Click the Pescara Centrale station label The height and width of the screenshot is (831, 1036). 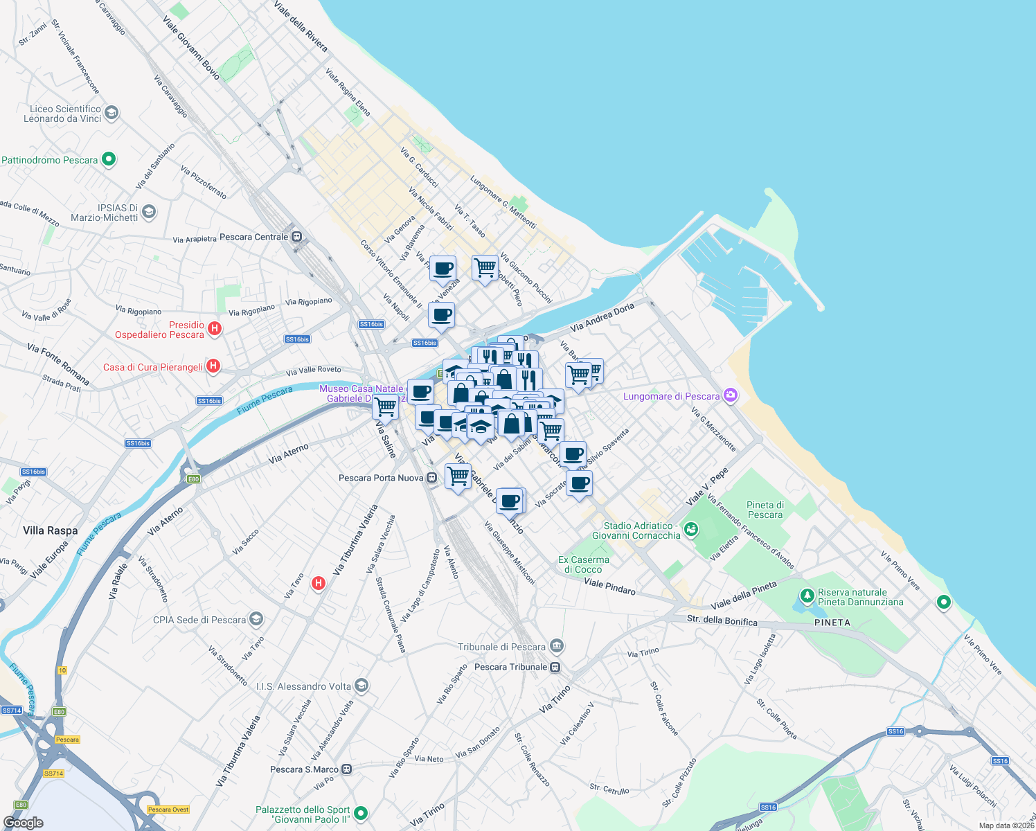click(x=253, y=237)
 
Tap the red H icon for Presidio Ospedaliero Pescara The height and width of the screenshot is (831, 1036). click(x=215, y=329)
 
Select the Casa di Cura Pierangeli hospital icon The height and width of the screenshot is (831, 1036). click(x=213, y=366)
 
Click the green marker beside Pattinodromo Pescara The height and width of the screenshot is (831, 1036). click(x=109, y=159)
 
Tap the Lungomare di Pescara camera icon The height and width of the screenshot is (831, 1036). click(x=730, y=395)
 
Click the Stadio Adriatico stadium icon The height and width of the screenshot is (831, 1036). click(x=690, y=530)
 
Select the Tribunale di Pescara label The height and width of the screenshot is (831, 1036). click(x=502, y=647)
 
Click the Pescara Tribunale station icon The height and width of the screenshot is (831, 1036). click(x=555, y=667)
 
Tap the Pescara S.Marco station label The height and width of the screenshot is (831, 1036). click(x=304, y=769)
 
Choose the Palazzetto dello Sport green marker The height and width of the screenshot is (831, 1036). click(x=360, y=813)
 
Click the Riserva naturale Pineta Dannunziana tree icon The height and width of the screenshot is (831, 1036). click(x=806, y=596)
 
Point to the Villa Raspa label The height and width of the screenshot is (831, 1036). click(x=51, y=530)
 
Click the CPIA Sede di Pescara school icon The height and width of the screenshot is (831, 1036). click(x=256, y=618)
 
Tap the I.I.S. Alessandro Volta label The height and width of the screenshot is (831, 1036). click(x=303, y=686)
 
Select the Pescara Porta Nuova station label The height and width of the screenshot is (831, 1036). click(x=382, y=478)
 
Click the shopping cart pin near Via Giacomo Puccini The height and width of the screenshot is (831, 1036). click(x=485, y=267)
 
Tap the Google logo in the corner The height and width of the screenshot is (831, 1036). click(x=23, y=822)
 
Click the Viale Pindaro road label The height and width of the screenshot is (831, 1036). click(x=609, y=586)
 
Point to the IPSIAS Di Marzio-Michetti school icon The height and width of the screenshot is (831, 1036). click(x=149, y=212)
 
